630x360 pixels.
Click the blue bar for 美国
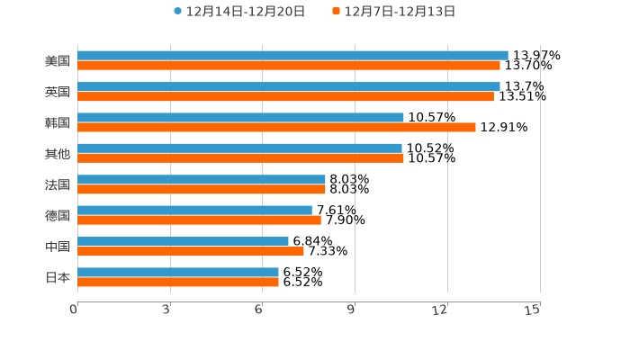(292, 55)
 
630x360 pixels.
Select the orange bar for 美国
(288, 66)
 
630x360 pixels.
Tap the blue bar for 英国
(288, 86)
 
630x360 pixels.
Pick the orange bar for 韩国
(276, 128)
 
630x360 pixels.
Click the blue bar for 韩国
(240, 117)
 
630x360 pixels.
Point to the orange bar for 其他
(240, 158)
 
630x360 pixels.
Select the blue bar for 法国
(202, 179)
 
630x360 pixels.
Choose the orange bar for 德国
(199, 220)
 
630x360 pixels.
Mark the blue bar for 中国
(183, 241)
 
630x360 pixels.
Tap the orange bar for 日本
(178, 283)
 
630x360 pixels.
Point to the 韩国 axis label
(58, 122)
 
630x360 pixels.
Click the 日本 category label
(58, 277)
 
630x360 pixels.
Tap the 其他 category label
(58, 153)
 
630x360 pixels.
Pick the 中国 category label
(58, 247)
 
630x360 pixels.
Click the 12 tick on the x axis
(440, 310)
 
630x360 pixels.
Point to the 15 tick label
(533, 310)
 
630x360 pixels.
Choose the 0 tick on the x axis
(75, 310)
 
